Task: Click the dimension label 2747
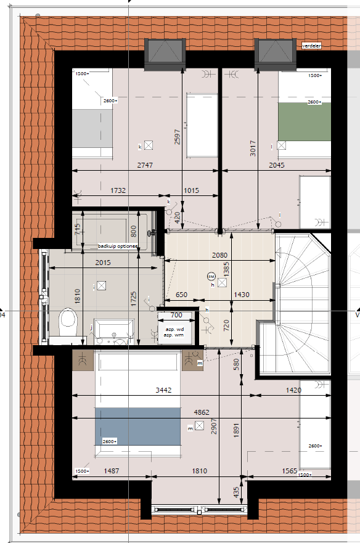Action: (145, 165)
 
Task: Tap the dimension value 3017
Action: (253, 145)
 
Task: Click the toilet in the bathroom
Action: (67, 320)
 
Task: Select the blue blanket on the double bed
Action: (137, 426)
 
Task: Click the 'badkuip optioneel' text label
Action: (118, 247)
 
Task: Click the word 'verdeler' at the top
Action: (313, 46)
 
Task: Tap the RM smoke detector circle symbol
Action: (211, 276)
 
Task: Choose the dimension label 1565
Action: (289, 471)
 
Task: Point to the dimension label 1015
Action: (191, 190)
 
